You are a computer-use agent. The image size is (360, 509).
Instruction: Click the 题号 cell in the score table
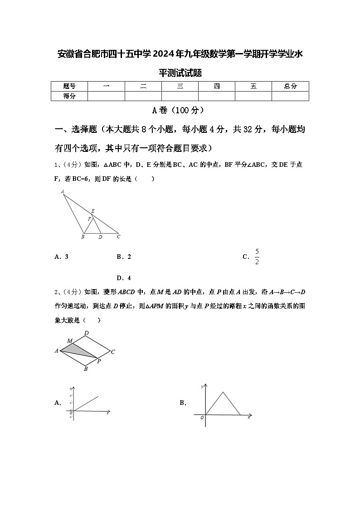click(x=69, y=86)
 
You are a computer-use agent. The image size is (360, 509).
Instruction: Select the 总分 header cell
click(x=290, y=86)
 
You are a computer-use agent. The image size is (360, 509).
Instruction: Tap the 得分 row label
click(x=69, y=96)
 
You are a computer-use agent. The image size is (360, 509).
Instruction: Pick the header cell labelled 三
click(x=180, y=86)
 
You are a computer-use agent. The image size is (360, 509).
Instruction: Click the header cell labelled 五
click(x=253, y=86)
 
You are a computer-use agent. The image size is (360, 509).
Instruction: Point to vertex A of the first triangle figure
click(x=62, y=192)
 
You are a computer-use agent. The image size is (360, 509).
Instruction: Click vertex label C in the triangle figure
click(x=118, y=237)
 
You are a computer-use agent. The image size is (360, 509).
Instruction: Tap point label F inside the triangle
click(x=89, y=219)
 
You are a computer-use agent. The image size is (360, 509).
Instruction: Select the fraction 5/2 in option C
click(x=257, y=257)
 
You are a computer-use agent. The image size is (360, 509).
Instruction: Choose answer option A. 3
click(x=61, y=257)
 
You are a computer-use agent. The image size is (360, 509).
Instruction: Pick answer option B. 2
click(x=124, y=257)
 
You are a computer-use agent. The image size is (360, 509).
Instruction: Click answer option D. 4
click(x=124, y=278)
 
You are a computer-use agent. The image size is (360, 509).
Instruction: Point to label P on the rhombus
click(x=99, y=361)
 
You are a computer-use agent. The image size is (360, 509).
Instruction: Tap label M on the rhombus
click(x=70, y=341)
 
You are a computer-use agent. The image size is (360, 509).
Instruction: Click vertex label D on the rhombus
click(x=86, y=333)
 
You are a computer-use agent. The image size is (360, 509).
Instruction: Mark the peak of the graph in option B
click(x=223, y=392)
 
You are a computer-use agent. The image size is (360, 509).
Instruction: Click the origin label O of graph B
click(x=202, y=417)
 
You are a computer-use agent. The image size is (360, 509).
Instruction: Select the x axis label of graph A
click(x=107, y=413)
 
